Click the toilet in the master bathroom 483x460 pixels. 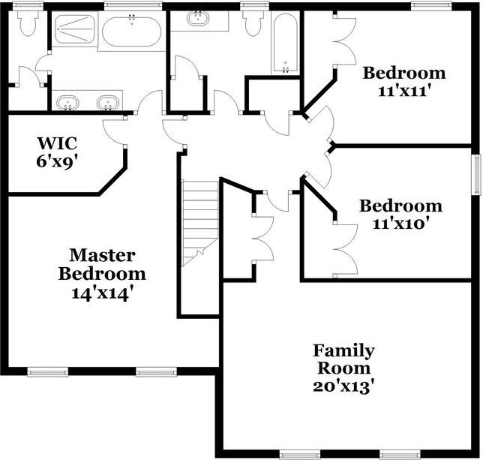click(28, 23)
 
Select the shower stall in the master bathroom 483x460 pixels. click(74, 30)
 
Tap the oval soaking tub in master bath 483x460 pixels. click(131, 32)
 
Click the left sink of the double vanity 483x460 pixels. click(68, 101)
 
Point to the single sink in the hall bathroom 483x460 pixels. click(199, 18)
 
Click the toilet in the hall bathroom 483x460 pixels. click(253, 23)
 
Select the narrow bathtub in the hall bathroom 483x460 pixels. click(285, 43)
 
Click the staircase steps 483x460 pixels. click(199, 223)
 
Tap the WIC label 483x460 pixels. click(57, 142)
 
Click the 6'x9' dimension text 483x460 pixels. click(57, 160)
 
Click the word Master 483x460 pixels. click(102, 255)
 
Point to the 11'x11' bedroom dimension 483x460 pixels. click(404, 92)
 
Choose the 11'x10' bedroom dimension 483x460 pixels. click(400, 224)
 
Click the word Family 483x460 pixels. click(343, 350)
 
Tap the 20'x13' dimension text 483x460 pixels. click(343, 386)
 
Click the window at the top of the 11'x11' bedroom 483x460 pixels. click(431, 6)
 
